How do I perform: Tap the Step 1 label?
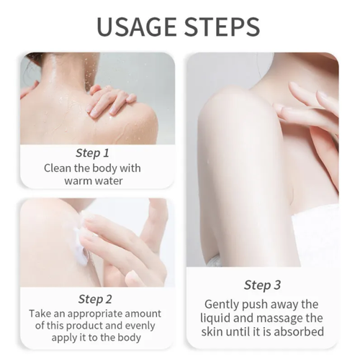pyautogui.click(x=92, y=152)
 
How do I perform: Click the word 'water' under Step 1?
pyautogui.click(x=109, y=181)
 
